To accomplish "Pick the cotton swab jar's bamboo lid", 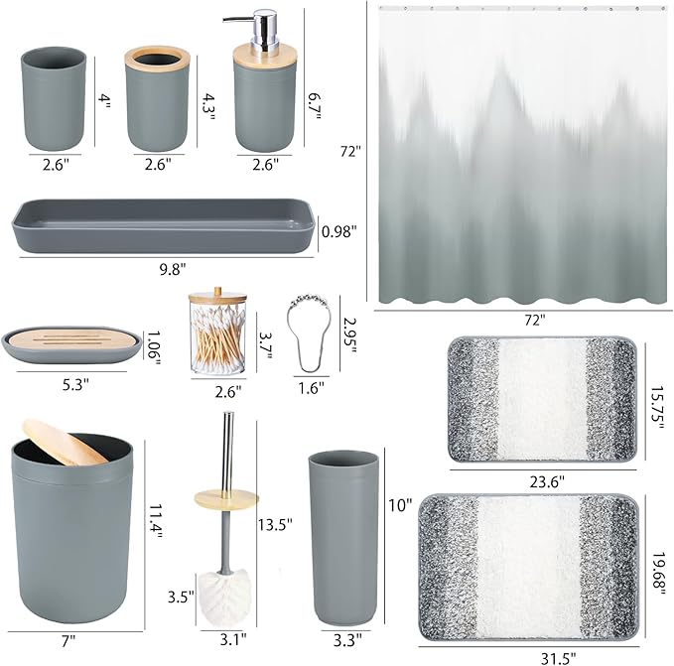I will coord(213,301).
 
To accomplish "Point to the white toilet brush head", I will coord(227,597).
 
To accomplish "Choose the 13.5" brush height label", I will coord(275,524).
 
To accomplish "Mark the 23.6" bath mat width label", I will coord(545,480).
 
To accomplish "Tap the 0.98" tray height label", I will coord(338,231).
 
